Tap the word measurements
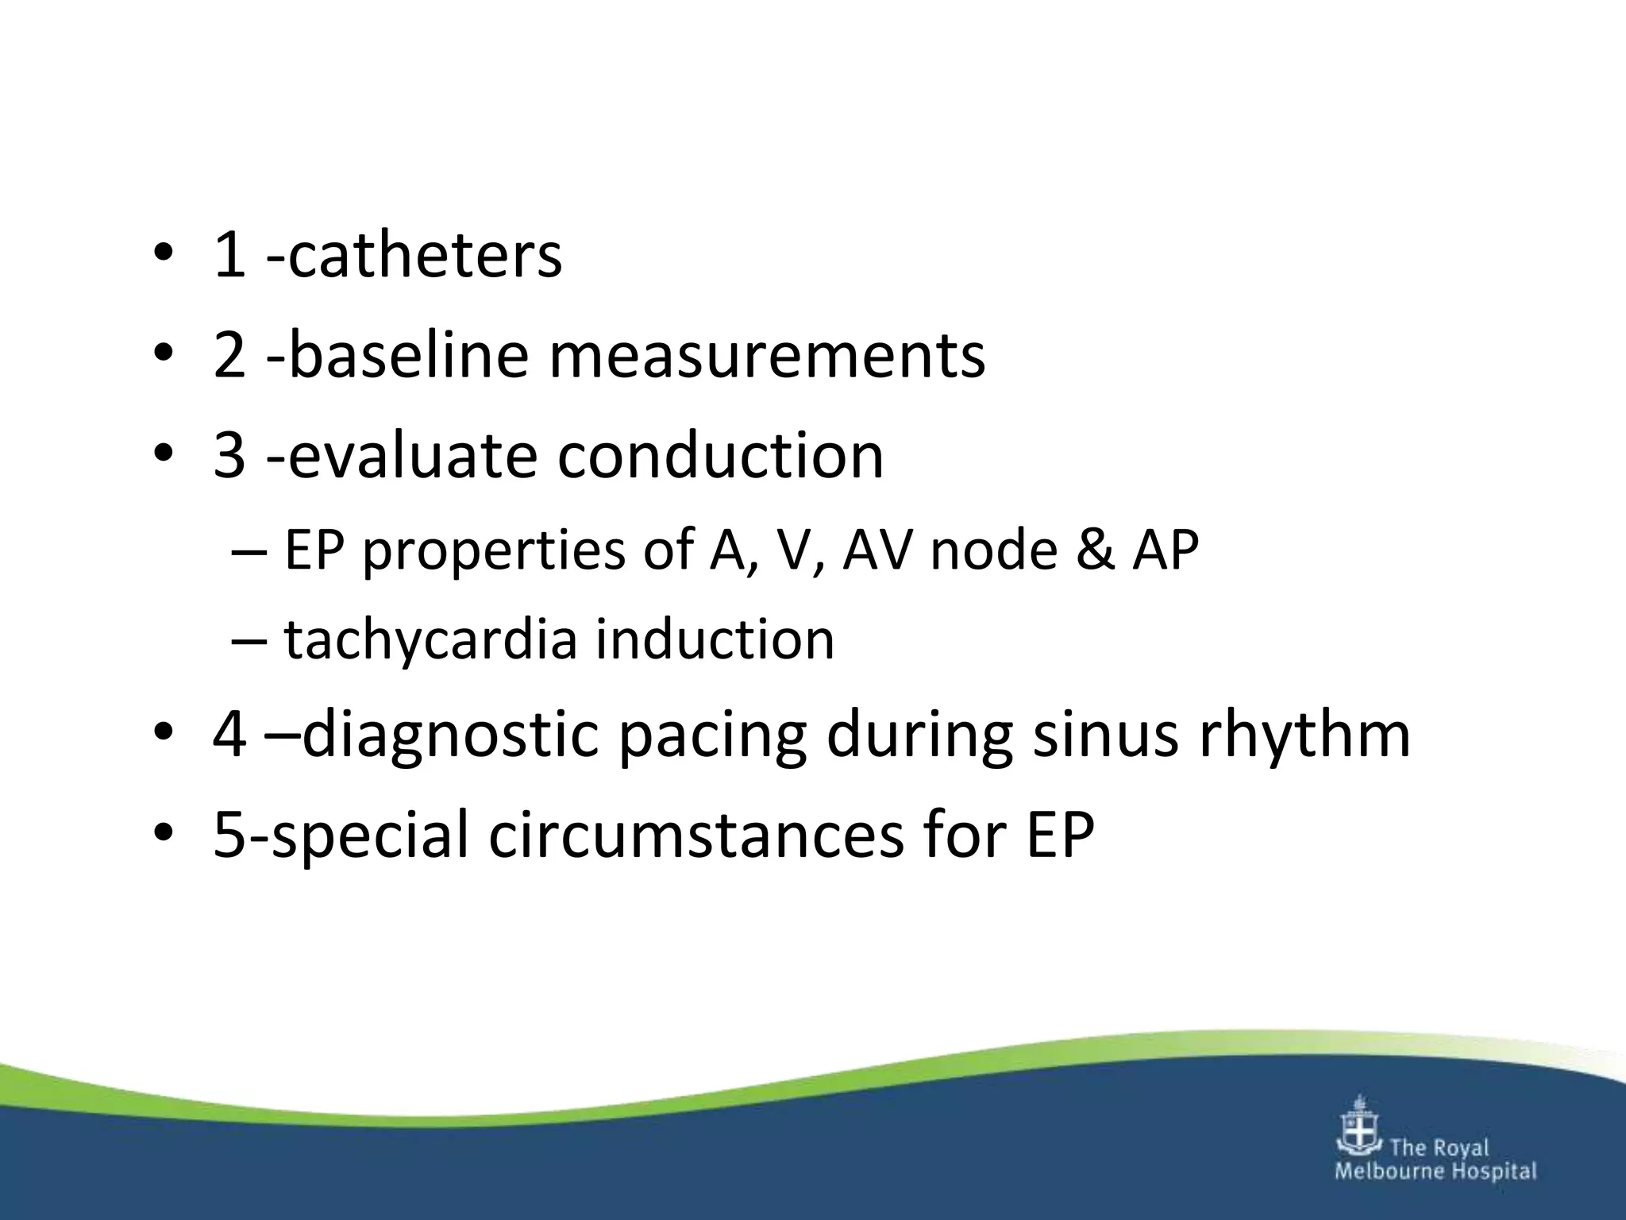pyautogui.click(x=767, y=355)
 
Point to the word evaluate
pyautogui.click(x=412, y=457)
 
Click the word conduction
pyautogui.click(x=720, y=457)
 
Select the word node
pyautogui.click(x=993, y=550)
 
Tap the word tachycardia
pyautogui.click(x=430, y=640)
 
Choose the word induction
pyautogui.click(x=715, y=640)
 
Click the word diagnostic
pyautogui.click(x=450, y=735)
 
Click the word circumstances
pyautogui.click(x=695, y=836)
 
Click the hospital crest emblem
pyautogui.click(x=1360, y=1125)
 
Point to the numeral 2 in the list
pyautogui.click(x=229, y=357)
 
